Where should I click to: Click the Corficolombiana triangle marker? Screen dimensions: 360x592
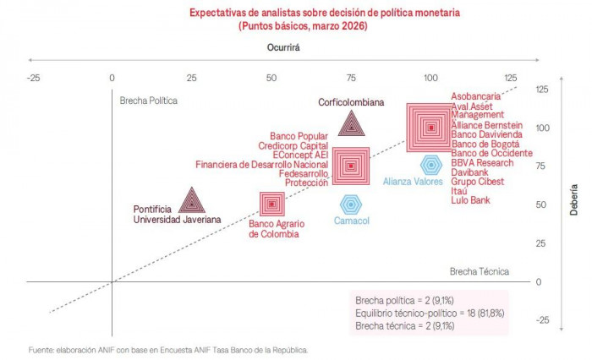click(351, 126)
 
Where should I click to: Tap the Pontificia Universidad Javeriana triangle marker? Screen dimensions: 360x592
click(192, 202)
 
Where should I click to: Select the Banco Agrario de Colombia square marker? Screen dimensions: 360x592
click(271, 204)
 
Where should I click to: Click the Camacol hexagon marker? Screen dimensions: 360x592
click(350, 204)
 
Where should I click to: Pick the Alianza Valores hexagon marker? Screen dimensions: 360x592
click(431, 165)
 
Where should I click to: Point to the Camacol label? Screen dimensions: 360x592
click(350, 221)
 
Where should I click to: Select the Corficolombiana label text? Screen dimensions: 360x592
click(351, 102)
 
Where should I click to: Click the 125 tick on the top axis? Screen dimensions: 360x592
click(511, 79)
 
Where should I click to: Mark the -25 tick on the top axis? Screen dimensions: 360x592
click(33, 79)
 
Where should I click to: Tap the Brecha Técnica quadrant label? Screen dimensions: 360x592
click(480, 271)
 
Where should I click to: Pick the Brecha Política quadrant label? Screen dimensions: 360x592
click(149, 100)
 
